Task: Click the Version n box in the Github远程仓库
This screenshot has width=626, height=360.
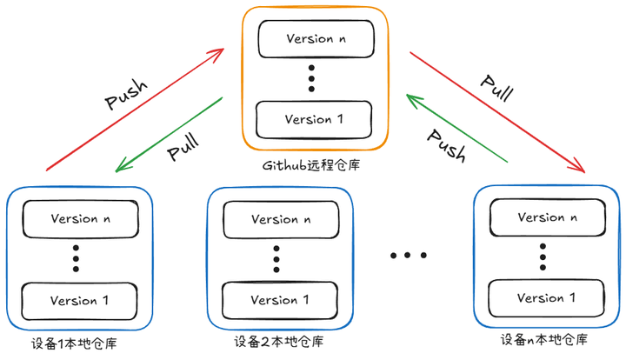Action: [x=315, y=38]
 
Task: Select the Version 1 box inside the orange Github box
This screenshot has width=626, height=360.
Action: [x=314, y=118]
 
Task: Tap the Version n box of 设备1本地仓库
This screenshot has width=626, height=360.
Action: [x=79, y=217]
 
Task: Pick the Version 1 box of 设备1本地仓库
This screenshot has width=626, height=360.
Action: [x=79, y=300]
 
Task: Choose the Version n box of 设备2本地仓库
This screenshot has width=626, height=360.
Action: [x=280, y=219]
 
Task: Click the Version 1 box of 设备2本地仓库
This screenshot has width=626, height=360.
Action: [x=280, y=300]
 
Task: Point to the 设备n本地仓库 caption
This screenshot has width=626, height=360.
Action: [x=544, y=340]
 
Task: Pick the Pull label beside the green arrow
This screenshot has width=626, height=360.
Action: [x=183, y=146]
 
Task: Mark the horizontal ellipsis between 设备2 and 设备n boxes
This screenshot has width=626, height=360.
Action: [x=409, y=256]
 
